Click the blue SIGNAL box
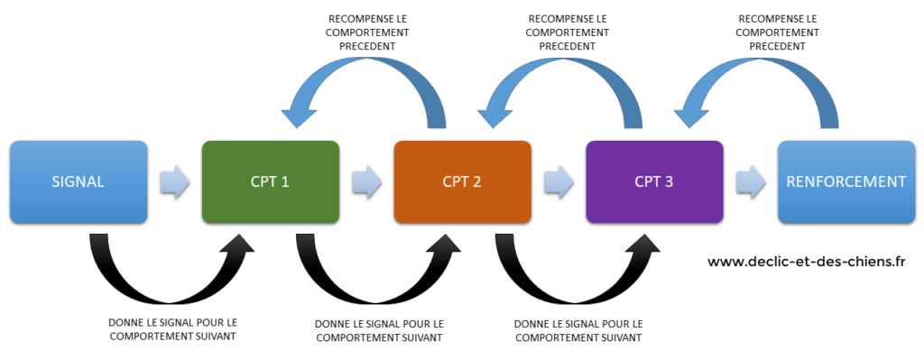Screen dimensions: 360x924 coord(78,181)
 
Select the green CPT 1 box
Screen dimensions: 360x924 coord(271,181)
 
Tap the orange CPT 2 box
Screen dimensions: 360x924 coord(462,181)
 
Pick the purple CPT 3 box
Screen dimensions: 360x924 coord(654,181)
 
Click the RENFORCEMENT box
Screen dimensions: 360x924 coord(845,181)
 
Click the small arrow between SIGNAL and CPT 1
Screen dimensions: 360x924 coord(174,181)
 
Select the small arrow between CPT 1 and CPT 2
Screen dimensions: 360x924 coord(366,181)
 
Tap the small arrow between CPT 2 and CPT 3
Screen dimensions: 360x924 coord(559,181)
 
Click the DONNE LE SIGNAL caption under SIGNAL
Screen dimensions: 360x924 coord(172,328)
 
